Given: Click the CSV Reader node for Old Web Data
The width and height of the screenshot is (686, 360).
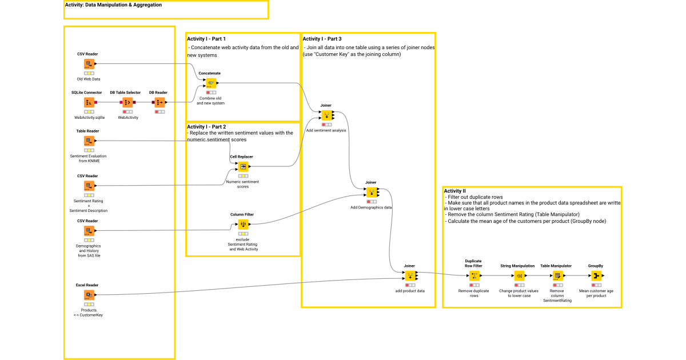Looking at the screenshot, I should (89, 64).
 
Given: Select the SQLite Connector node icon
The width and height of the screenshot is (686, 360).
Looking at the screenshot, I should (89, 102).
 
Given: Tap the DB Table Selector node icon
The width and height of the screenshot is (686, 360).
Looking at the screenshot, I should (127, 102).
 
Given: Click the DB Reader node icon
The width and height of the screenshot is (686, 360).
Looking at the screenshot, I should (159, 102).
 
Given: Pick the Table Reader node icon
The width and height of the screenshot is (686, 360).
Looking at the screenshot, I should (89, 141).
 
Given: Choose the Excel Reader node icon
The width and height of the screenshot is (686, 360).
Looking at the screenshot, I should (89, 295).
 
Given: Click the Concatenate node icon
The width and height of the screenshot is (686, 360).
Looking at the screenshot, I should (211, 83).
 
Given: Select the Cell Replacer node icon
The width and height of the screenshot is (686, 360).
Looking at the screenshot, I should (243, 166).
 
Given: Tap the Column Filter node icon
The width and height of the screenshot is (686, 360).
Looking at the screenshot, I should (243, 225).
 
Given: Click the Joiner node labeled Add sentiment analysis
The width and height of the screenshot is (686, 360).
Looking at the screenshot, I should (326, 115).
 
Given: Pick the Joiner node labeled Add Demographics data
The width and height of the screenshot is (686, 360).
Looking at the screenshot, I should (372, 193).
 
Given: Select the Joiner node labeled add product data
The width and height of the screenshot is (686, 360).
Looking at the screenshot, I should (409, 276).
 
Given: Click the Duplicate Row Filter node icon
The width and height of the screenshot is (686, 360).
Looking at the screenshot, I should (474, 276).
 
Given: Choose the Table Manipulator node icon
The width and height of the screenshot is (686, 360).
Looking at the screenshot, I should (557, 276).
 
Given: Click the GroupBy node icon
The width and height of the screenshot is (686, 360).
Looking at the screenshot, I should (596, 276).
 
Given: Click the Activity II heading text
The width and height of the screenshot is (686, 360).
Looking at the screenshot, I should (455, 191).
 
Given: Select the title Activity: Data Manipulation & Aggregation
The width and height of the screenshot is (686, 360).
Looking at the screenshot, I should (113, 5).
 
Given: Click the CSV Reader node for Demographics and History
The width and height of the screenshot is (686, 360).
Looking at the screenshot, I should (89, 231).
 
